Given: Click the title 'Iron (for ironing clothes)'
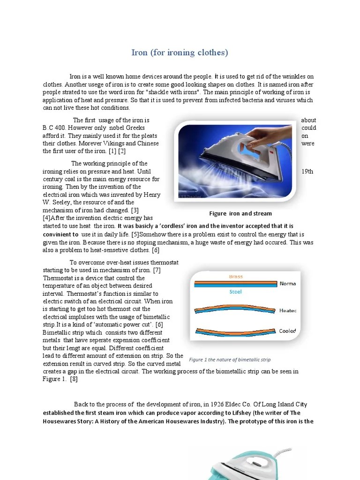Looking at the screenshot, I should pos(180,52).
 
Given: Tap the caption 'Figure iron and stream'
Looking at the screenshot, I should pos(240,214).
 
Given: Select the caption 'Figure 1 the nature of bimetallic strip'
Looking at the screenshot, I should pos(230,360).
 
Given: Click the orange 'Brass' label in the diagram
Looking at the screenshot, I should pos(235,277).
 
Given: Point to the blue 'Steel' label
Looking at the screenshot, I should pos(235,292).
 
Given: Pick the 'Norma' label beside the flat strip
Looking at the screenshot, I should pos(287,284).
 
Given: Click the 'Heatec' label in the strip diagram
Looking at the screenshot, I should pos(287,310).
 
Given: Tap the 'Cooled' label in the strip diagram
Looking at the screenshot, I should pos(287,331).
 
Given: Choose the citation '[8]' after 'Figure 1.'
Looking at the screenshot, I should pos(74,379).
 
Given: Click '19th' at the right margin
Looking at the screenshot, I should pos(307,172).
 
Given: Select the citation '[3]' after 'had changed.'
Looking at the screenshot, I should pos(134,210).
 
